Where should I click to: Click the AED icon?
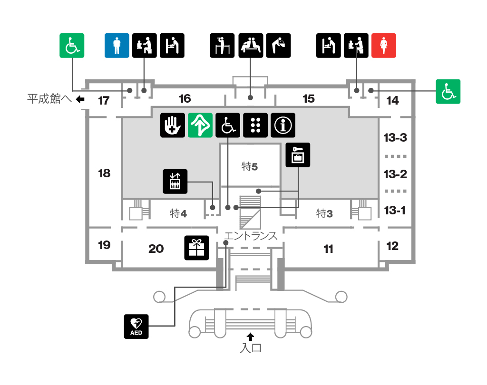[x=136, y=327]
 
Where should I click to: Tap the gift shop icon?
[x=196, y=248]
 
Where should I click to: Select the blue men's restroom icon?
[x=117, y=46]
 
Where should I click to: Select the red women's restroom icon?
[x=384, y=46]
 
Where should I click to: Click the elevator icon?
[x=175, y=181]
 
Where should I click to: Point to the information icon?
[x=283, y=125]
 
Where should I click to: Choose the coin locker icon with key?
[x=298, y=155]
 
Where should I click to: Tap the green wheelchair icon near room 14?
[x=448, y=92]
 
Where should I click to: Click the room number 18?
[x=104, y=173]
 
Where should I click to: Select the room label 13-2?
[x=395, y=174]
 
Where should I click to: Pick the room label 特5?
[x=250, y=167]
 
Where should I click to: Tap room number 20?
[x=156, y=249]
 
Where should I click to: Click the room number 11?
[x=328, y=249]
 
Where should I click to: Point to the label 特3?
[x=324, y=213]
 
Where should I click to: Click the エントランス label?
[x=251, y=236]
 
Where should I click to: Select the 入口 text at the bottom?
[x=251, y=348]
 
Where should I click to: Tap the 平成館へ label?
[x=49, y=99]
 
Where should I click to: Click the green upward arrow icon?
[x=200, y=125]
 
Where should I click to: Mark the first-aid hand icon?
[x=173, y=125]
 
